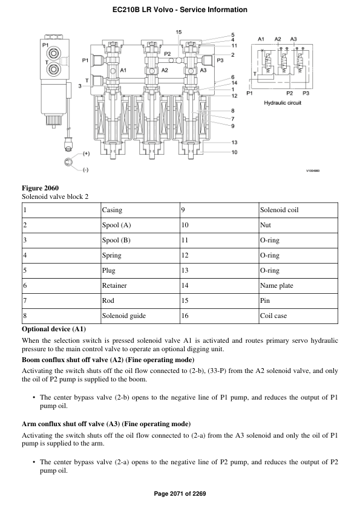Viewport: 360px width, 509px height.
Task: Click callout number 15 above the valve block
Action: [x=178, y=31]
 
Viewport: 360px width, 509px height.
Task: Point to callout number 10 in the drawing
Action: [x=234, y=152]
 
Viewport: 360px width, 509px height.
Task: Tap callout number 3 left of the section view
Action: [x=80, y=86]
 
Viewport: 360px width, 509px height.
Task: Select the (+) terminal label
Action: [x=86, y=154]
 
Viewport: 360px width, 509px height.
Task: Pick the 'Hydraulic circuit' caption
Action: [x=282, y=103]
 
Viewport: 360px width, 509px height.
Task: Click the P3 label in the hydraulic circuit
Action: [x=306, y=94]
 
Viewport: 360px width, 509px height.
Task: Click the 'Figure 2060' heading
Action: [x=40, y=188]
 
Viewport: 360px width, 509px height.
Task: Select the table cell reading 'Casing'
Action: [x=112, y=210]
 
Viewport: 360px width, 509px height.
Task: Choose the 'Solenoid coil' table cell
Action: [x=279, y=210]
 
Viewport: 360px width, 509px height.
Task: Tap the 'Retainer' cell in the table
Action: [x=114, y=285]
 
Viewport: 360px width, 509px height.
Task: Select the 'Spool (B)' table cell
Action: [x=116, y=240]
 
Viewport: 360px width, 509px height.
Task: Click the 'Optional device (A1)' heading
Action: [x=54, y=329]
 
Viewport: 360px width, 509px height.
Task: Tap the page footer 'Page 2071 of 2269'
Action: [x=180, y=494]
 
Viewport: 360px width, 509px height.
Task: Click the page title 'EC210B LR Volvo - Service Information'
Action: [x=180, y=10]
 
